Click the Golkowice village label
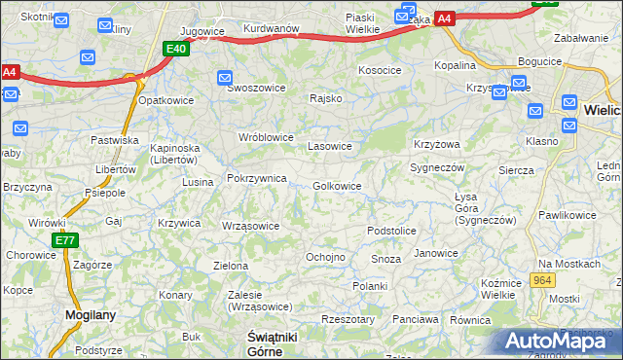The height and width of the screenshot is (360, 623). coord(338,186)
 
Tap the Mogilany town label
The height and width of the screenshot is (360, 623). coord(91,314)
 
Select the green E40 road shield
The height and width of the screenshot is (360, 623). coord(176,49)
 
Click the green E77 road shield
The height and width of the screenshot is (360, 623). coord(65,240)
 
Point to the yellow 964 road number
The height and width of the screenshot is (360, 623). coord(543,280)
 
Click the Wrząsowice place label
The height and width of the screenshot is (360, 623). coord(250,226)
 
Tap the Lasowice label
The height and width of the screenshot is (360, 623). coord(329,146)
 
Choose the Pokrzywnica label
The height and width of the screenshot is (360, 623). coord(256,178)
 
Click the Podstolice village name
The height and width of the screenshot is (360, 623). coord(391,231)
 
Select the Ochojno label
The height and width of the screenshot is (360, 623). coord(325,257)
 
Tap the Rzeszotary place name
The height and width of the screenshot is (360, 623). coord(348,319)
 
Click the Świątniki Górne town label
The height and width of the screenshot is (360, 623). coord(265,342)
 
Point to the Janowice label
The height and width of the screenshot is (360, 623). coord(435,253)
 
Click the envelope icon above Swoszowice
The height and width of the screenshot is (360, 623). coord(226,77)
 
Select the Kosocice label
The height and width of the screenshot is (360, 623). coord(380,70)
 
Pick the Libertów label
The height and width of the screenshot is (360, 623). coord(114,168)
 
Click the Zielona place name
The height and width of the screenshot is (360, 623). coord(230,265)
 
